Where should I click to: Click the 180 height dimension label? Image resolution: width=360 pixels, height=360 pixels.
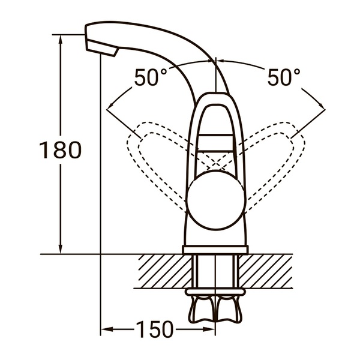pos(60,150)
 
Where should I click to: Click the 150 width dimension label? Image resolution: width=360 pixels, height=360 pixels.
pos(154,329)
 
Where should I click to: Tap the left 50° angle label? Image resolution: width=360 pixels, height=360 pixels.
pos(150,78)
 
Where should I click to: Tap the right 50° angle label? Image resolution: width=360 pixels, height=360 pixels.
pos(283,78)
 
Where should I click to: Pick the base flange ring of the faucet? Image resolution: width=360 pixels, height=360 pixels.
pos(215,249)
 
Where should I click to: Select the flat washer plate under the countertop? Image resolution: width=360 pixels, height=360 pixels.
pos(215,292)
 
